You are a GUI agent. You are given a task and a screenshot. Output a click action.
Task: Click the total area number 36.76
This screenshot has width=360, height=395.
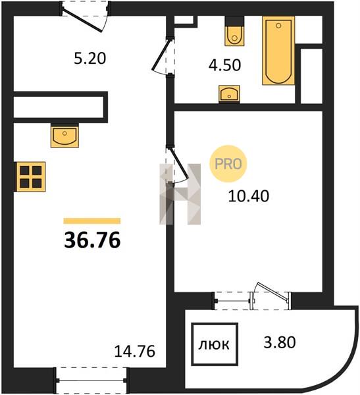click(92, 240)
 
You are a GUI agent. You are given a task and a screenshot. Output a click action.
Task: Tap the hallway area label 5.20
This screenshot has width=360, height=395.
click(90, 59)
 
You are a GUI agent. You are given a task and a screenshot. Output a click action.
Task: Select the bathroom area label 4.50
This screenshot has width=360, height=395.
click(224, 65)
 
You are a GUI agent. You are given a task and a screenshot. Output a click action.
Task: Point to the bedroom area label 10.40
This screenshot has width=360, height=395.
click(248, 196)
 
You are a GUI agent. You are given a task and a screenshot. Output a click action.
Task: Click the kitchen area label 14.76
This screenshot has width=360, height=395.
click(134, 352)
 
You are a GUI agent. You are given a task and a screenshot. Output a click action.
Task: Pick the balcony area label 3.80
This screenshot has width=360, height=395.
click(280, 342)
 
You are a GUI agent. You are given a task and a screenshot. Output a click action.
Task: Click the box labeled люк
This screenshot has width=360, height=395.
click(215, 344)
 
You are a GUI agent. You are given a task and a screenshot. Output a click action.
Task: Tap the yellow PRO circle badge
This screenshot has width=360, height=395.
click(228, 164)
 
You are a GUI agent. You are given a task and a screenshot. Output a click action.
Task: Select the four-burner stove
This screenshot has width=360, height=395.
click(31, 177)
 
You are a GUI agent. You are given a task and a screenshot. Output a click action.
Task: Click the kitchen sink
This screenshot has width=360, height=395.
click(64, 137)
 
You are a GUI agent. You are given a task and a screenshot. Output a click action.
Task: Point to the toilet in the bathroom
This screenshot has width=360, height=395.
click(234, 32)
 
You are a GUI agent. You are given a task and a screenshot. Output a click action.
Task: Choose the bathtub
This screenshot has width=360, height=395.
click(278, 51)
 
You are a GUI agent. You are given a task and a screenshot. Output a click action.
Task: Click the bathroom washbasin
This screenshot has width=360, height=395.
click(229, 94)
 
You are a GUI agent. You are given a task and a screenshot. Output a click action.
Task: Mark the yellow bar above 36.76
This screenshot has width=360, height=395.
click(92, 221)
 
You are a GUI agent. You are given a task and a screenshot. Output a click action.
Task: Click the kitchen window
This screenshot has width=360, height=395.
click(91, 381)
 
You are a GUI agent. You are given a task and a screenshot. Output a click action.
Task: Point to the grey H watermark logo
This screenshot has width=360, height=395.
click(180, 194)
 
